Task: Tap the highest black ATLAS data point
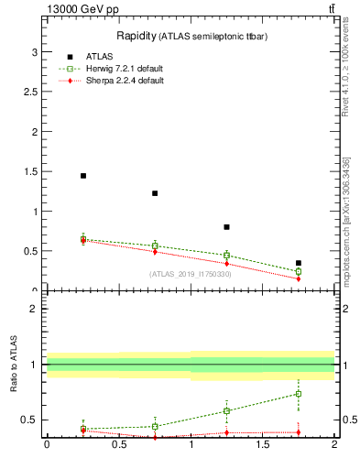coord(83,176)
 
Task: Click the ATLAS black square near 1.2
coord(155,193)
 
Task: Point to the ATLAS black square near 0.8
coord(227,227)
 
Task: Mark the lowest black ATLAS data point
coord(299,263)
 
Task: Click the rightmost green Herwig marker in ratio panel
coord(299,394)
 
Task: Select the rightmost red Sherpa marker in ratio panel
coord(299,432)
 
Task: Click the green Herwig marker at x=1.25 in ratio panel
coord(227,410)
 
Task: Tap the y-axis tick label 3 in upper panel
coord(34,51)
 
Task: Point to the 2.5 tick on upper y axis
coord(30,92)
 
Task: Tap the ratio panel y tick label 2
coord(34,309)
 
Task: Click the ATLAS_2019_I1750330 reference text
coord(191,274)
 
